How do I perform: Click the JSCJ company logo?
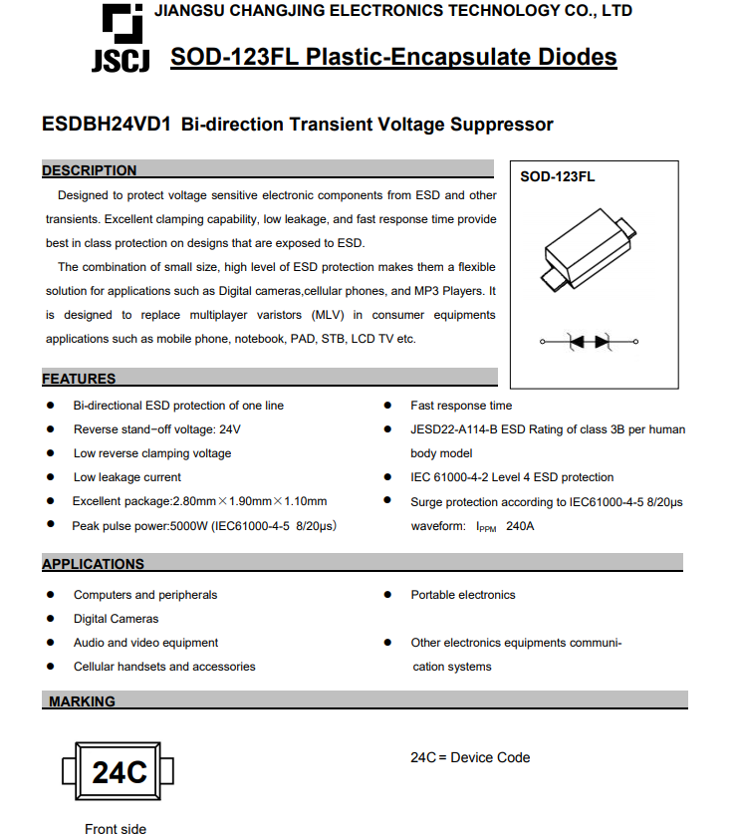tap(121, 40)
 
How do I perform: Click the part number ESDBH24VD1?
tap(107, 125)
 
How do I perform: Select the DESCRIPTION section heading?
tap(90, 170)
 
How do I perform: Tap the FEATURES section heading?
tap(79, 379)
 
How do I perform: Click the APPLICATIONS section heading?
tap(93, 564)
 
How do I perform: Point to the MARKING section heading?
tap(82, 701)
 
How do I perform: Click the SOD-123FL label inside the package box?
tap(558, 176)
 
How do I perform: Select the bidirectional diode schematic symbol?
tap(589, 342)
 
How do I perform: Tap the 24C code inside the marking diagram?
tap(119, 772)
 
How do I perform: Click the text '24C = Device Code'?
tap(470, 757)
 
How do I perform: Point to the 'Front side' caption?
tap(116, 828)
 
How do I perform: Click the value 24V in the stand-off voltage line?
tap(230, 429)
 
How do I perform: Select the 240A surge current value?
tap(520, 526)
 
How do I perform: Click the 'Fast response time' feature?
tap(461, 406)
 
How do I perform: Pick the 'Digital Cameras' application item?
tap(116, 619)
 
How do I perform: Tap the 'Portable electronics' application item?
tap(463, 595)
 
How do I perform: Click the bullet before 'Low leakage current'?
tap(51, 477)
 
